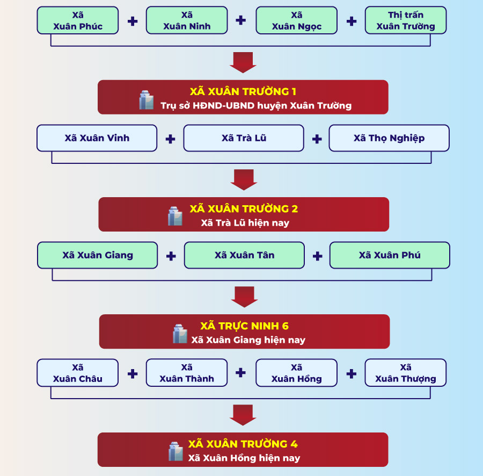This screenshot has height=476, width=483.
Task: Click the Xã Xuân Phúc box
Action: (78, 20)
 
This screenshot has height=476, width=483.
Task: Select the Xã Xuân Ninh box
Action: (187, 20)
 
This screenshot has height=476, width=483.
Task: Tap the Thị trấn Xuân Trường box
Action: (406, 20)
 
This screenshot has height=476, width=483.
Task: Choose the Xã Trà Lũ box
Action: (244, 138)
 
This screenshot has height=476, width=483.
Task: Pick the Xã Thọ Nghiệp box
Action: (389, 138)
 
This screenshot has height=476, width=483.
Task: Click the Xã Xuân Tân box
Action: (244, 255)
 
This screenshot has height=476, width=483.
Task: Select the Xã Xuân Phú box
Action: (390, 255)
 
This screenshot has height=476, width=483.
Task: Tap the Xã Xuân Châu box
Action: (78, 373)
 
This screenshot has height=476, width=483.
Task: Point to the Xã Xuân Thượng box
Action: (406, 373)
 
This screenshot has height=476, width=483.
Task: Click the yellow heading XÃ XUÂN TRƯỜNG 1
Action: (243, 91)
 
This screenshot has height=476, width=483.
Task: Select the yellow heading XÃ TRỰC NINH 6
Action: (244, 326)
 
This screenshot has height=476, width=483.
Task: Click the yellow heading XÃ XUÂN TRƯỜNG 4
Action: (243, 444)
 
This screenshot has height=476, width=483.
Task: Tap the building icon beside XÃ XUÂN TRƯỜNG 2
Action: (175, 215)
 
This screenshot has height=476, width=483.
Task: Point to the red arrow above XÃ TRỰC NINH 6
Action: (244, 297)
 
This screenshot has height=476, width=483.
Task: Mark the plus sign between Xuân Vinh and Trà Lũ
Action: (170, 139)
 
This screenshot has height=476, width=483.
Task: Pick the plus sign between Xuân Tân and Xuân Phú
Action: (317, 256)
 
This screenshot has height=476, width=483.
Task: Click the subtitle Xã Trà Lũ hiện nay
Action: (245, 222)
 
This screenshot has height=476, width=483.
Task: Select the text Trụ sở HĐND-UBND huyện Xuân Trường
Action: (256, 105)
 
